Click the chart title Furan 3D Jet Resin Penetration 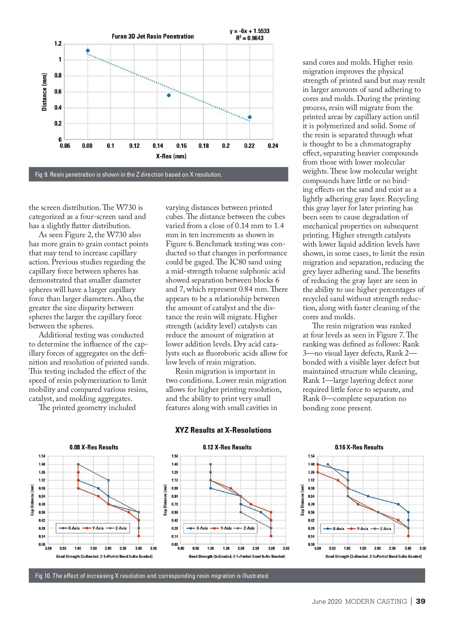[x=152, y=36]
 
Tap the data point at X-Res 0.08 [x=88, y=51]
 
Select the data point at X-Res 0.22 [x=250, y=117]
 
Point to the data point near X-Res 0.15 [x=169, y=95]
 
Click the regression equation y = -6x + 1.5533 [x=250, y=31]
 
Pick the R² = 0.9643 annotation [x=250, y=38]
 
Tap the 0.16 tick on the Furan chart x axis [x=181, y=146]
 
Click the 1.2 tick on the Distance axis [x=58, y=44]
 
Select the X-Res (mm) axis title [x=171, y=156]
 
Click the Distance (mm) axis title [x=45, y=92]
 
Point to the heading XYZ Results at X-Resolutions [x=223, y=430]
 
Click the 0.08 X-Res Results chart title [x=94, y=447]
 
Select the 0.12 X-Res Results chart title [x=227, y=447]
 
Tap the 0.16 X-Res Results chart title [x=359, y=447]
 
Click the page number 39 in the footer [x=420, y=601]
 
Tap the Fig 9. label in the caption [x=42, y=174]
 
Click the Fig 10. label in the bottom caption [x=43, y=576]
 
